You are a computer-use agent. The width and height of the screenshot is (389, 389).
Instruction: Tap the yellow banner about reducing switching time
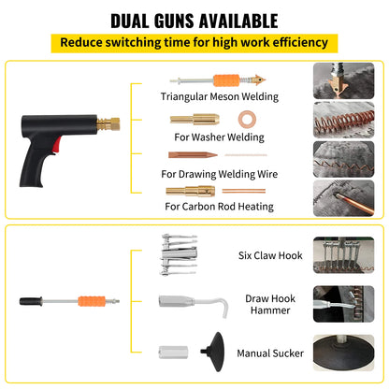pos(194,42)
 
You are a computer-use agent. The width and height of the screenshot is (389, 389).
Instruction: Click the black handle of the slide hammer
pos(31,302)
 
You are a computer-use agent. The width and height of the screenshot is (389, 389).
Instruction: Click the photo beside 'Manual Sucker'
pos(338,355)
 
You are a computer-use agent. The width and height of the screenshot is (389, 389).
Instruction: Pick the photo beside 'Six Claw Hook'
pos(338,253)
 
